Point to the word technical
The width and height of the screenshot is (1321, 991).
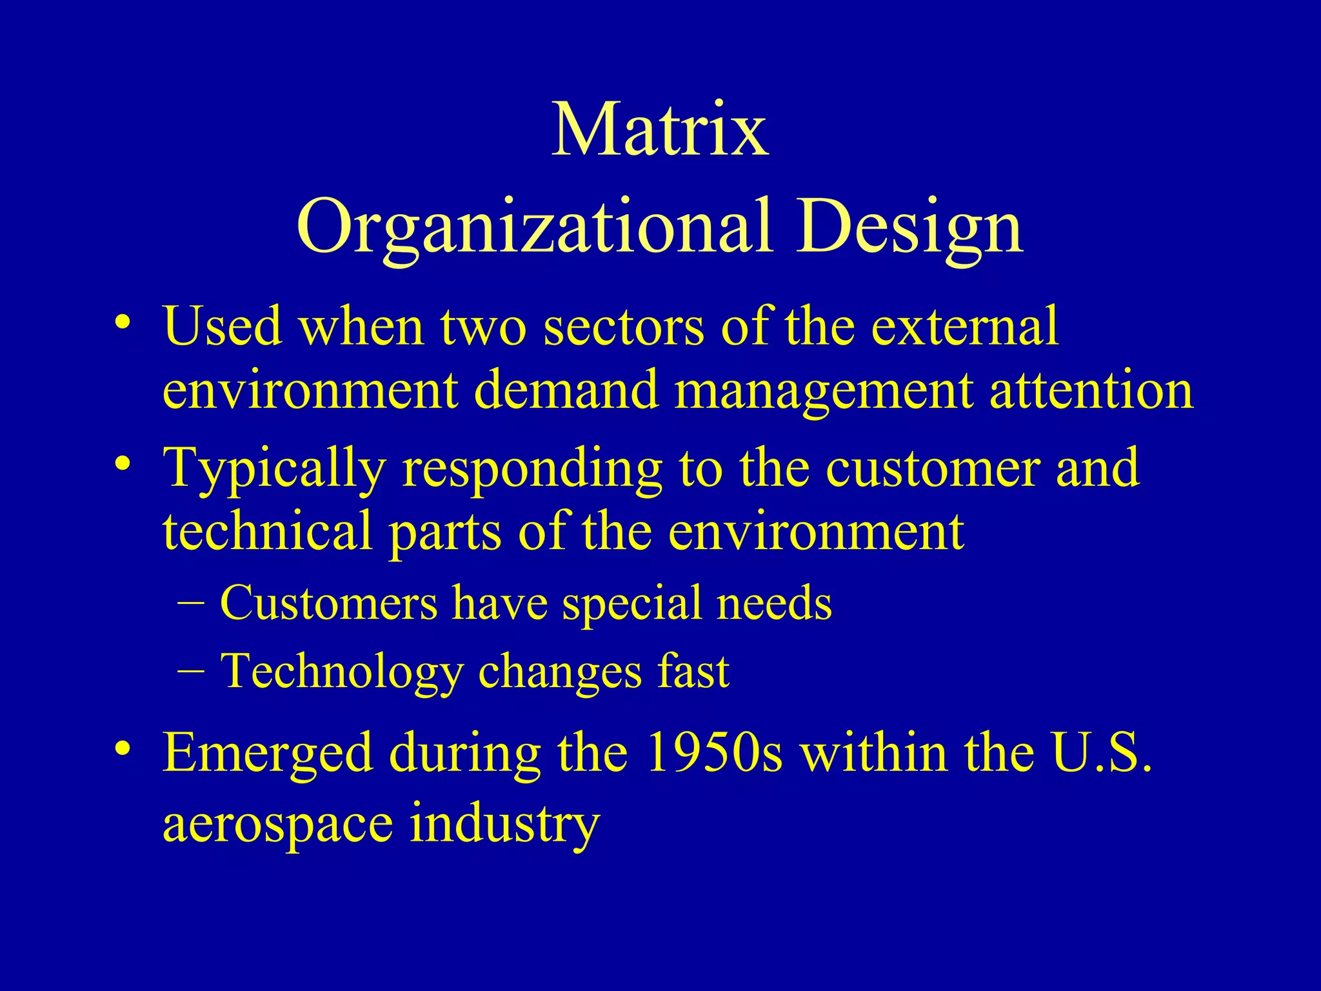tap(267, 530)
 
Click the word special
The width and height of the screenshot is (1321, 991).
tap(631, 604)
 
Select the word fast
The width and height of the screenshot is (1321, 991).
tap(693, 671)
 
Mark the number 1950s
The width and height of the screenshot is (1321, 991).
tap(714, 753)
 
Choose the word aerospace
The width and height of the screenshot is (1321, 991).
tap(277, 824)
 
